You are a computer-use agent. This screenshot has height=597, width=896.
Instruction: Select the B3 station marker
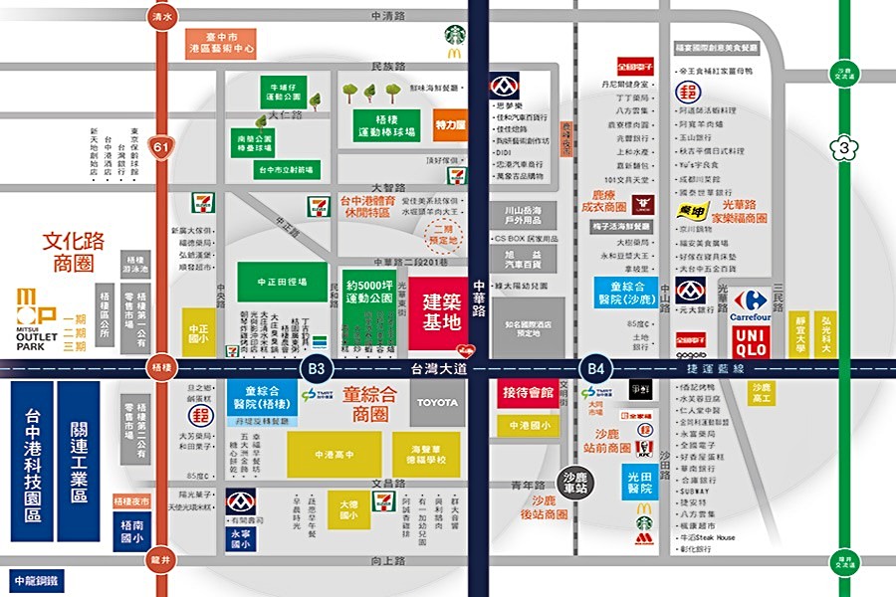pos(317,368)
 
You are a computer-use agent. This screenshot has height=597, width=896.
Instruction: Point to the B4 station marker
pos(595,368)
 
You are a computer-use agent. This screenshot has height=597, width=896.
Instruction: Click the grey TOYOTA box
pos(438,403)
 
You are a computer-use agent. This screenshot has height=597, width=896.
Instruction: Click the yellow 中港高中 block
pos(334,455)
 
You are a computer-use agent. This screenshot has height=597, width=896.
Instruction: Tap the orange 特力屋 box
pos(450,125)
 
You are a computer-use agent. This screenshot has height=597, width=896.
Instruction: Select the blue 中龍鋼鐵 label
pos(36,579)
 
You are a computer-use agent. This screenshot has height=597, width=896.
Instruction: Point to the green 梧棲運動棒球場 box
pos(385,125)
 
